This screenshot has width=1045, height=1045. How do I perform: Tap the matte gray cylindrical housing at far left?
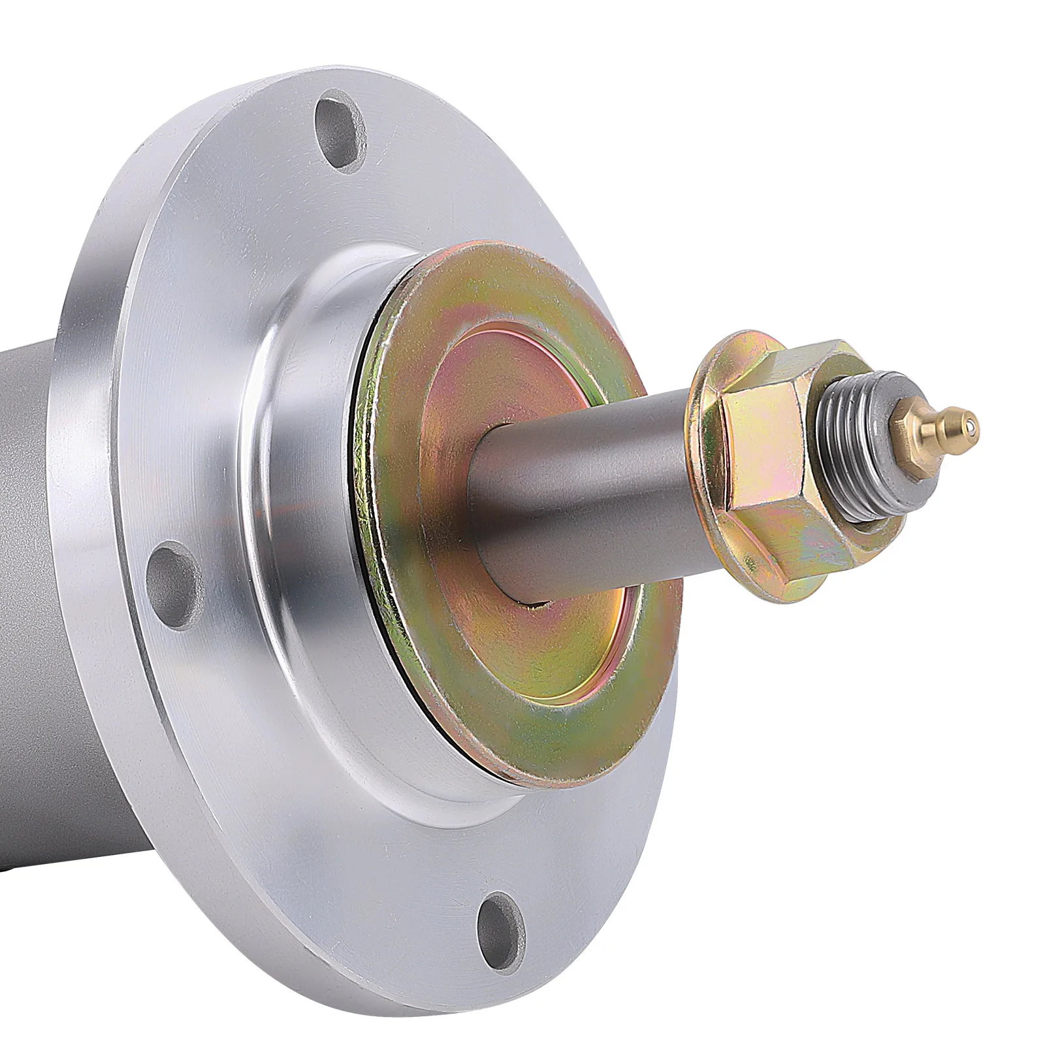(26, 522)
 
